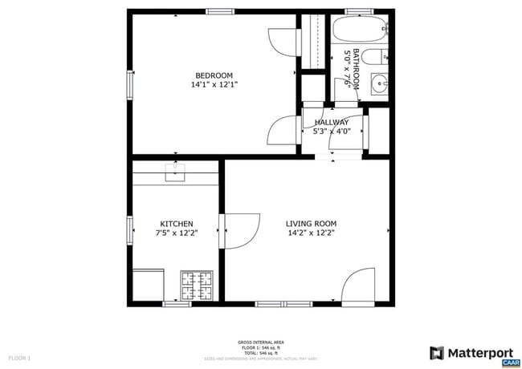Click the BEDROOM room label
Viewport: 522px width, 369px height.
(x=214, y=75)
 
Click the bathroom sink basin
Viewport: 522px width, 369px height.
(x=378, y=82)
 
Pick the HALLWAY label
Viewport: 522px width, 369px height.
(x=331, y=122)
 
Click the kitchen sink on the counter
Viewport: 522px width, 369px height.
(x=175, y=171)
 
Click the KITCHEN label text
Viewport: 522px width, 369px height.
(x=176, y=224)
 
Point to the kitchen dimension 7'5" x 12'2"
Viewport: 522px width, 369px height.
(x=176, y=233)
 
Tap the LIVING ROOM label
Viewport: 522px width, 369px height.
(x=311, y=224)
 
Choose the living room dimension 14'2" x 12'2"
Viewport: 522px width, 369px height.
(x=311, y=233)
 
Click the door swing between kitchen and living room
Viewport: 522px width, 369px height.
(x=241, y=229)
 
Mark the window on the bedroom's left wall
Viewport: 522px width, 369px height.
(x=129, y=85)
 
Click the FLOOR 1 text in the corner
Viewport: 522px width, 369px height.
(x=19, y=357)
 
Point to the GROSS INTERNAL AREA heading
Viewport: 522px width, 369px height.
(x=260, y=342)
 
